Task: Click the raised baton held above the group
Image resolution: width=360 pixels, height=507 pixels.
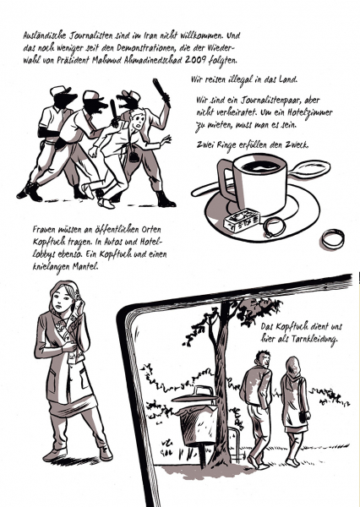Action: click(161, 92)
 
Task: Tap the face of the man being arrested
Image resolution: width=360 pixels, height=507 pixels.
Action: click(139, 121)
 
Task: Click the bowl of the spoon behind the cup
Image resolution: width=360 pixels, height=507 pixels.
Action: click(310, 168)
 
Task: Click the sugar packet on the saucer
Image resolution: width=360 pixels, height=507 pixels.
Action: click(242, 218)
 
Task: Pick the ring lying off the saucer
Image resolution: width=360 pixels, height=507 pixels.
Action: click(333, 238)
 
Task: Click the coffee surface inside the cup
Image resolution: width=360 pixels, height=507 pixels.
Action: click(260, 166)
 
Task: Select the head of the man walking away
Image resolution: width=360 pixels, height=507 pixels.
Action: click(263, 358)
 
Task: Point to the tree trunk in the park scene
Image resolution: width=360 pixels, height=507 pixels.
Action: click(221, 388)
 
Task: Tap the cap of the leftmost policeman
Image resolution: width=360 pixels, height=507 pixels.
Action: click(59, 90)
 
